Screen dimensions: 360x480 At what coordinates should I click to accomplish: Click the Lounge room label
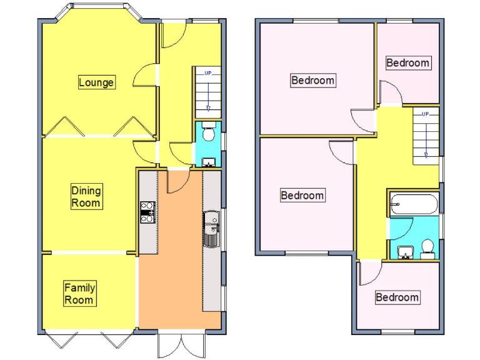(96, 82)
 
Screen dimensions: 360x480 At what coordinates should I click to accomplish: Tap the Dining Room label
(86, 197)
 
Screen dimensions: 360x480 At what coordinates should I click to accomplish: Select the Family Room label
(80, 294)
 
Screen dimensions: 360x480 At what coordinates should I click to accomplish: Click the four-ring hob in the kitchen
(147, 212)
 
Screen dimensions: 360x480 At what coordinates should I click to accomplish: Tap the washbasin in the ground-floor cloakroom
(209, 162)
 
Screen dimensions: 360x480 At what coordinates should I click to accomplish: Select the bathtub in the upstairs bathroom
(414, 204)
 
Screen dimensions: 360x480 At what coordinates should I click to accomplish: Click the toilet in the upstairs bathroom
(428, 249)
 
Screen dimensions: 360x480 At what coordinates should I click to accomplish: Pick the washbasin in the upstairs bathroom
(406, 252)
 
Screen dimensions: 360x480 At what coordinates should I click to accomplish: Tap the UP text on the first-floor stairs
(425, 114)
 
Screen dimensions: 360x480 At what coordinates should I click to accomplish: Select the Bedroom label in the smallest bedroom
(407, 62)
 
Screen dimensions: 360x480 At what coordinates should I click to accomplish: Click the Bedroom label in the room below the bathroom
(397, 297)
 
